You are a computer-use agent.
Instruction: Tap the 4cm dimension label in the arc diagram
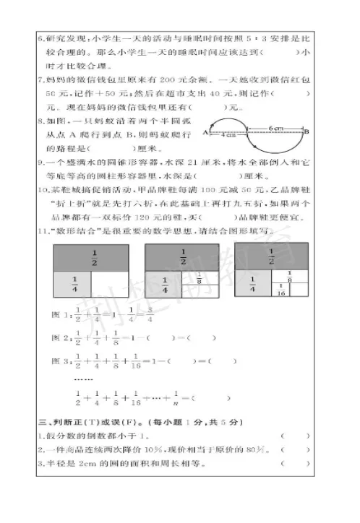pyautogui.click(x=230, y=134)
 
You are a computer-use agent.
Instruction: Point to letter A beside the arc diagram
pyautogui.click(x=206, y=133)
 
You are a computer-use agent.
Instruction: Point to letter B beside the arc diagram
pyautogui.click(x=307, y=132)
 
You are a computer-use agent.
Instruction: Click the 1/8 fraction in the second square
pyautogui.click(x=204, y=280)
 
